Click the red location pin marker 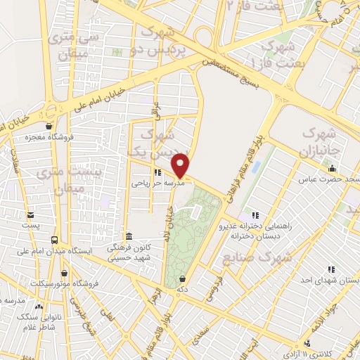182,165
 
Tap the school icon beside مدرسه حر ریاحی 157,172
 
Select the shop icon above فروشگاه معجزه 48,127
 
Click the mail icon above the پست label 30,215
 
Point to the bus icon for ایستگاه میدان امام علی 54,239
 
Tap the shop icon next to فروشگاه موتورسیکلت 65,273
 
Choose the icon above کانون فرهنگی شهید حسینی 127,236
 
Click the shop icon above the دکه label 182,278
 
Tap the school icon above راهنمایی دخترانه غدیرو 255,214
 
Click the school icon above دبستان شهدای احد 330,270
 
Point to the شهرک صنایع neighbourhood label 247,259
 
